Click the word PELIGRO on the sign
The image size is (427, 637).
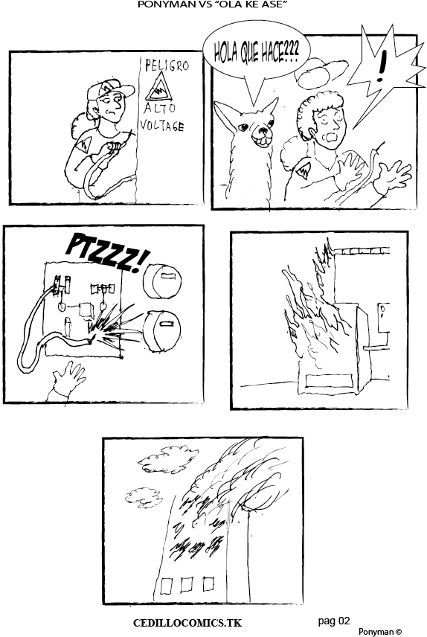(167, 65)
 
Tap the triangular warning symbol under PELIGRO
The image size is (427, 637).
(159, 86)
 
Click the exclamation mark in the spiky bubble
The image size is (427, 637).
(381, 66)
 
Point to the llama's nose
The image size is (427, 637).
(263, 132)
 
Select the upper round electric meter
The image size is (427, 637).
(161, 281)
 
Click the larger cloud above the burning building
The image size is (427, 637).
(168, 458)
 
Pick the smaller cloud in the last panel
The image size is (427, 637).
(144, 497)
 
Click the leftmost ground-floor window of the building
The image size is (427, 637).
(167, 586)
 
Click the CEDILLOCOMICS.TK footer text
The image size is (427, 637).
(187, 623)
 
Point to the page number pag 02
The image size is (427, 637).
(333, 621)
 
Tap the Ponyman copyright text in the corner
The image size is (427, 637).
(380, 632)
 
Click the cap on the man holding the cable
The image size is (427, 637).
(108, 89)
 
